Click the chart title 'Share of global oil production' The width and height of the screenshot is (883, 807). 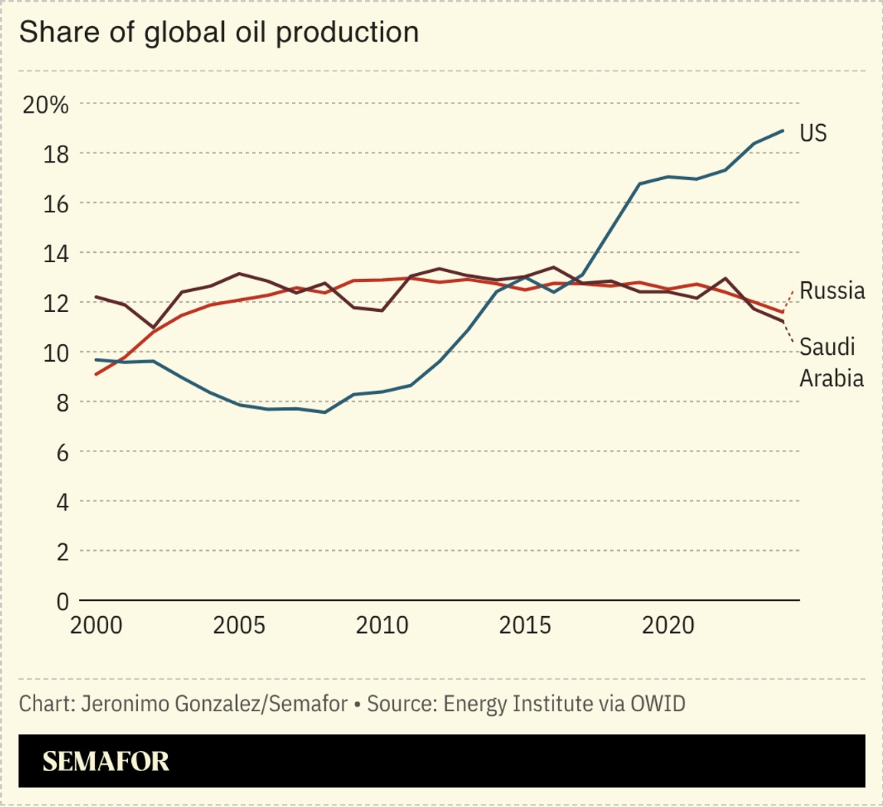[218, 32]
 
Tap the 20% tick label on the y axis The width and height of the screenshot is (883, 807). [46, 104]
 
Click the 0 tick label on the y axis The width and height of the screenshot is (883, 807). [61, 601]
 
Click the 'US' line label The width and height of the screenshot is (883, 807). [813, 133]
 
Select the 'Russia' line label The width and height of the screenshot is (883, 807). [832, 290]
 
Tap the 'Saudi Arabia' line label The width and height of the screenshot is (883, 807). [831, 362]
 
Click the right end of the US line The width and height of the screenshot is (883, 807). [783, 130]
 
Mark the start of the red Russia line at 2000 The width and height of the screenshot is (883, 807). [96, 374]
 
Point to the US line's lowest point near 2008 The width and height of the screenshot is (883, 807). [325, 412]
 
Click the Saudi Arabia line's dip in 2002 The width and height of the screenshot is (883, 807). [153, 327]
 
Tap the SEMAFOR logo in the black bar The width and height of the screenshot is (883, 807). [106, 761]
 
